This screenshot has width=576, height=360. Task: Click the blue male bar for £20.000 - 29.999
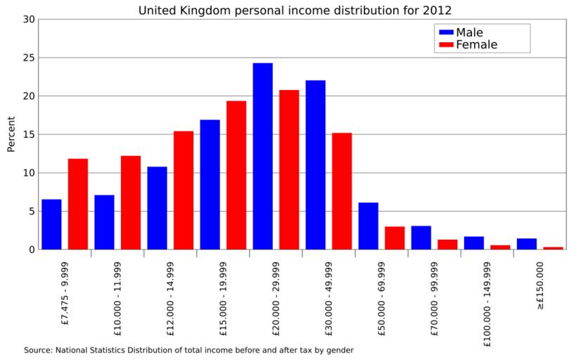coord(263,156)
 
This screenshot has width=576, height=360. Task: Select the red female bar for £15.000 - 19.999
coord(236,175)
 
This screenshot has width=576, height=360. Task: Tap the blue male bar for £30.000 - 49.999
coord(316,165)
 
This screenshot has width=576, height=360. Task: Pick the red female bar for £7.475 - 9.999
coord(78,204)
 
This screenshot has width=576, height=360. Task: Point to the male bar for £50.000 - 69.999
coord(369,226)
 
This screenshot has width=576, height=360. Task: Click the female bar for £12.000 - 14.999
coord(184,190)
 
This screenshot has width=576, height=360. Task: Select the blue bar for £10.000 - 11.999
coord(104,222)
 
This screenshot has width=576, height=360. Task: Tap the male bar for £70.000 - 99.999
coord(421,238)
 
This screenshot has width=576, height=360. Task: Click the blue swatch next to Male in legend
coord(446,32)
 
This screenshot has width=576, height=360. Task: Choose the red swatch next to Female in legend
coord(446,45)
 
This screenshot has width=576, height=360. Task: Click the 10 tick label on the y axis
coord(29,173)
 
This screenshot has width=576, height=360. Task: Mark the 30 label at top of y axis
coord(29,19)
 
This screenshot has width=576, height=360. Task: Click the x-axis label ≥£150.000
coord(540,286)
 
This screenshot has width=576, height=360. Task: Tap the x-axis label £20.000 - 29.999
coord(276,295)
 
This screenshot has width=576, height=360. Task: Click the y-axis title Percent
coord(11,134)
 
